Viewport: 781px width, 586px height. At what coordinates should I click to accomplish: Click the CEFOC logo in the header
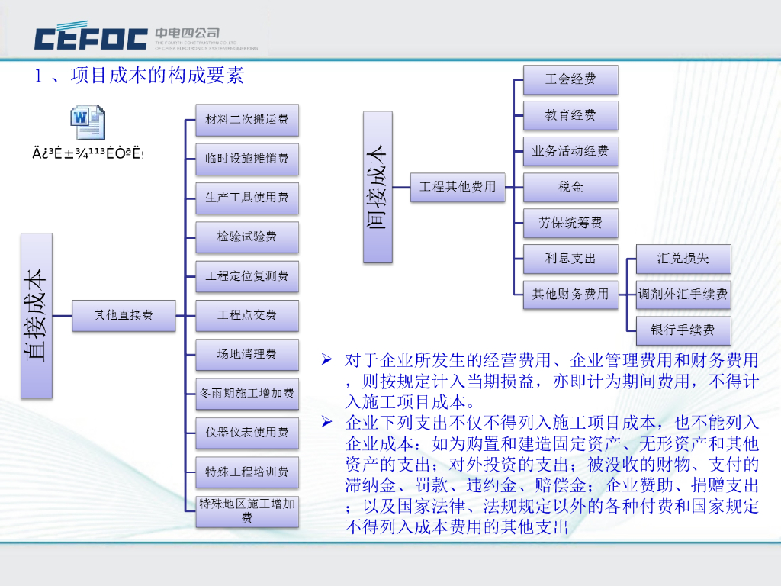(x=92, y=37)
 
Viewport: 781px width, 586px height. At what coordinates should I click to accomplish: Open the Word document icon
(x=88, y=122)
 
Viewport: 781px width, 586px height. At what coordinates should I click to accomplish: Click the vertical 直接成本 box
(x=37, y=315)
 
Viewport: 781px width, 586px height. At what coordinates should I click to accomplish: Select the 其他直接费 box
(x=124, y=315)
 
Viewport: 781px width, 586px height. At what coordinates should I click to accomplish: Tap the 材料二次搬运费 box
(x=247, y=120)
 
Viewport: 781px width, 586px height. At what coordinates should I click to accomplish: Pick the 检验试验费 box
(x=247, y=237)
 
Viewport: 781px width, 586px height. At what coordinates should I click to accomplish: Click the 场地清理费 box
(x=247, y=354)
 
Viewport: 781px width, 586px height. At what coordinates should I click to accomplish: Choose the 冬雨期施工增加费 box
(x=247, y=394)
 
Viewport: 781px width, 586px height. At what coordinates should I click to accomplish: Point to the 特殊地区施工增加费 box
(x=247, y=511)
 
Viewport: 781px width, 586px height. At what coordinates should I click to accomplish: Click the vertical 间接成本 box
(x=378, y=187)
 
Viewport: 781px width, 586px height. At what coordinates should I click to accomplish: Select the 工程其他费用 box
(x=458, y=187)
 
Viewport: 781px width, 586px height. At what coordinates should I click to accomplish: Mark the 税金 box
(x=570, y=187)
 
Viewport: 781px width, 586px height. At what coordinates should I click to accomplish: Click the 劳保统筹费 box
(x=570, y=223)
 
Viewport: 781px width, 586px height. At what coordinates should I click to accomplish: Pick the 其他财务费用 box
(x=570, y=294)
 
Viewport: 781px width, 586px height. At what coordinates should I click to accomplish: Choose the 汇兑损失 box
(x=683, y=259)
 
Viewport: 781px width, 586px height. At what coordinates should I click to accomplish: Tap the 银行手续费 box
(x=683, y=330)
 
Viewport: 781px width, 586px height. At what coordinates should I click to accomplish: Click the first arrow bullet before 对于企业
(x=327, y=359)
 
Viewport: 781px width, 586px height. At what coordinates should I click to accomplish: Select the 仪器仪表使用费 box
(x=247, y=433)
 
